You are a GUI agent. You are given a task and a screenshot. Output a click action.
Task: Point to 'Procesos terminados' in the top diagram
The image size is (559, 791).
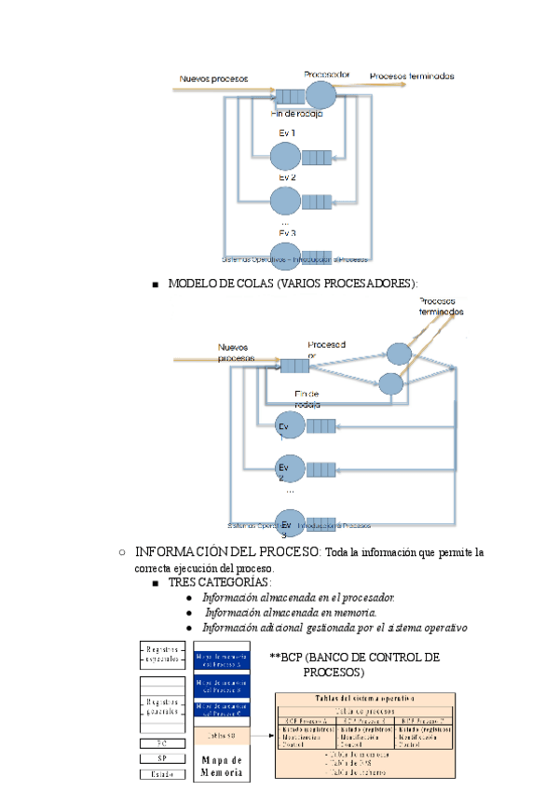click(412, 76)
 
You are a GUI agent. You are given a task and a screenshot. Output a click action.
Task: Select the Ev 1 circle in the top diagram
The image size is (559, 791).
click(286, 156)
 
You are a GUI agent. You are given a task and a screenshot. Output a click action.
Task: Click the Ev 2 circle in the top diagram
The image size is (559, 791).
click(286, 200)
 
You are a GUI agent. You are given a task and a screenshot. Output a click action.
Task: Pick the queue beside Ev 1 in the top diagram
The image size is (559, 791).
click(318, 157)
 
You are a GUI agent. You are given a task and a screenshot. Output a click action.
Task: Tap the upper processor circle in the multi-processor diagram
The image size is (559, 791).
click(400, 354)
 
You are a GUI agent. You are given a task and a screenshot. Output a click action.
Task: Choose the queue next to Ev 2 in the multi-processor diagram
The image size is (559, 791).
click(321, 469)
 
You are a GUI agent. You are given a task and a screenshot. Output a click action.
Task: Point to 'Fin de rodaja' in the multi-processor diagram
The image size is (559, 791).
click(307, 399)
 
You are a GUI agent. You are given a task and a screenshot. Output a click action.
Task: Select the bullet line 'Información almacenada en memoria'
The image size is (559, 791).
click(290, 613)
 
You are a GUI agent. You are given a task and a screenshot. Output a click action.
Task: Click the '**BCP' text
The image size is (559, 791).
click(287, 658)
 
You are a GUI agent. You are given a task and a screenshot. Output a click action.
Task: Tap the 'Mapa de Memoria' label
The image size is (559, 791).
click(222, 767)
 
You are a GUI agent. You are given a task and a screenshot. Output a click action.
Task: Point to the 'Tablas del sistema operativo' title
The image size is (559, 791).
click(364, 699)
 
